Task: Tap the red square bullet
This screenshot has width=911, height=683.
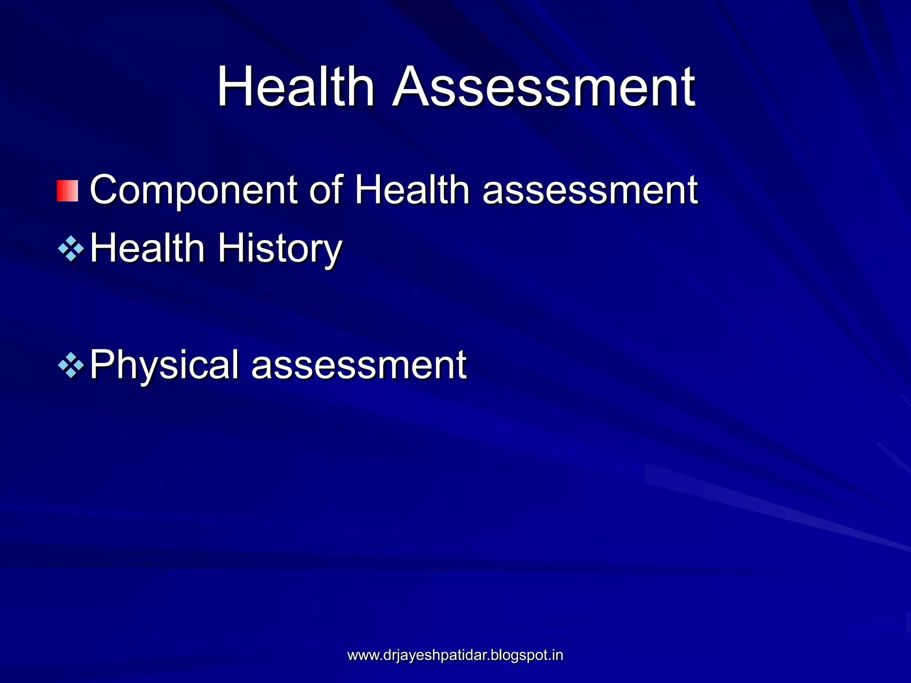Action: pyautogui.click(x=68, y=191)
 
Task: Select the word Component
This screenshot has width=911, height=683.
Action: pyautogui.click(x=193, y=190)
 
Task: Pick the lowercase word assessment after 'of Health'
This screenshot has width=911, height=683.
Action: pyautogui.click(x=590, y=190)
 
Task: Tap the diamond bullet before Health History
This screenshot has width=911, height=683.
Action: pyautogui.click(x=71, y=249)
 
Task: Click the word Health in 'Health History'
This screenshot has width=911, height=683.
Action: pyautogui.click(x=147, y=248)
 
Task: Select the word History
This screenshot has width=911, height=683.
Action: pyautogui.click(x=280, y=248)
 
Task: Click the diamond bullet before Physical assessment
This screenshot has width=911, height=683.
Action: pyautogui.click(x=71, y=365)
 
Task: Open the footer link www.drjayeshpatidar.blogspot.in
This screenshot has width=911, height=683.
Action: pyautogui.click(x=455, y=655)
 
